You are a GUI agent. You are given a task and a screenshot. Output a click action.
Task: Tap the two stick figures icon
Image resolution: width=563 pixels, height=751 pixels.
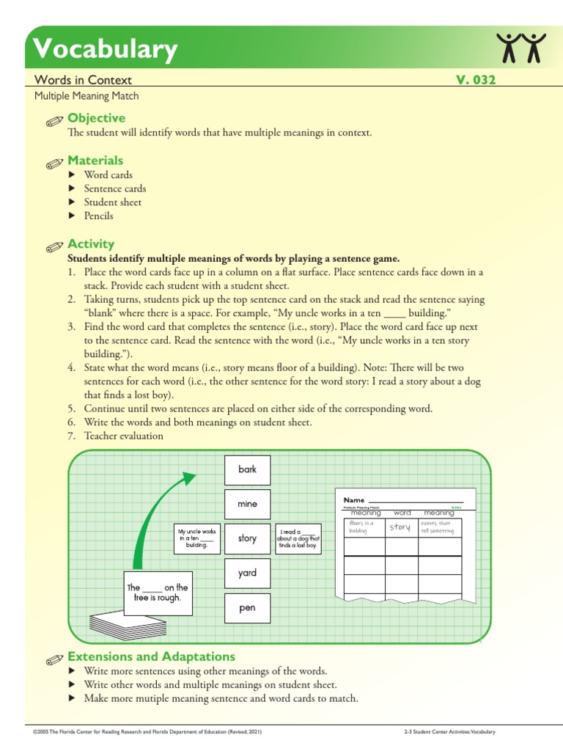[x=521, y=48]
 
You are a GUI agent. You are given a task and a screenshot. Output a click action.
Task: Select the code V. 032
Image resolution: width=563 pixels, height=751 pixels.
[x=476, y=80]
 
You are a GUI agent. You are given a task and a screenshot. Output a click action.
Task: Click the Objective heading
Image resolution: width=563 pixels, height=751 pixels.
[x=96, y=118]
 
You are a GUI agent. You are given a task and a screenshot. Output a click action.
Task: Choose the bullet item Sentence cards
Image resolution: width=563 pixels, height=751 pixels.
[x=114, y=188]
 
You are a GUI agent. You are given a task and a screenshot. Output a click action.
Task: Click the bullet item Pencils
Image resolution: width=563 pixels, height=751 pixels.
[x=98, y=216]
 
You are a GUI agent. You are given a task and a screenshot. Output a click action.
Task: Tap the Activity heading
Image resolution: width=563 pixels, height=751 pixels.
[x=91, y=244]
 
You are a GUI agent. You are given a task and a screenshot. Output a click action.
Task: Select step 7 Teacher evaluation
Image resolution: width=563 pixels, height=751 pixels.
[x=123, y=436]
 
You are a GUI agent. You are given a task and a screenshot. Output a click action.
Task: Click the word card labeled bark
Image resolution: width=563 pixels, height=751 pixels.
[x=248, y=469]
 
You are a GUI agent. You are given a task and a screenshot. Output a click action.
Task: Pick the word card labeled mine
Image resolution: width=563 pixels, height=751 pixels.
[x=248, y=504]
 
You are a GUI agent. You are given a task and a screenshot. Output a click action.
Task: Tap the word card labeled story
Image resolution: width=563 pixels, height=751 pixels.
[x=248, y=538]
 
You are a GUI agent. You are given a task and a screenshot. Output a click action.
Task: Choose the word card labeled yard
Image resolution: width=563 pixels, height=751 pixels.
[x=248, y=573]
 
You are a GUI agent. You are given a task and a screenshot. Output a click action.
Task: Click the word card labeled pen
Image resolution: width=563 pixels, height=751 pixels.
[x=248, y=608]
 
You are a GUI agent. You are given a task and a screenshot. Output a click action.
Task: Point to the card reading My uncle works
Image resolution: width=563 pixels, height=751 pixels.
[x=197, y=538]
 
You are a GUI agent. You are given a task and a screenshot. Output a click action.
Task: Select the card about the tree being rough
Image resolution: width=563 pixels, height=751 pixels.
[x=158, y=593]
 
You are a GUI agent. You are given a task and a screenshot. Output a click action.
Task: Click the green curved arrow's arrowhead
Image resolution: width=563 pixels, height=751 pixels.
[x=189, y=478]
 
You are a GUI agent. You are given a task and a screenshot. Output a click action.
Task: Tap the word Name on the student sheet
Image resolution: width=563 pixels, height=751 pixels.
[x=354, y=499]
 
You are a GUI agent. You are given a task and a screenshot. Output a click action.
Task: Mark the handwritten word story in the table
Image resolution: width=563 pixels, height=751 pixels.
[x=400, y=527]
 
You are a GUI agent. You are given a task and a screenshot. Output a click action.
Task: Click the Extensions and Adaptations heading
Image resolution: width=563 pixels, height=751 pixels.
[x=151, y=656]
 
